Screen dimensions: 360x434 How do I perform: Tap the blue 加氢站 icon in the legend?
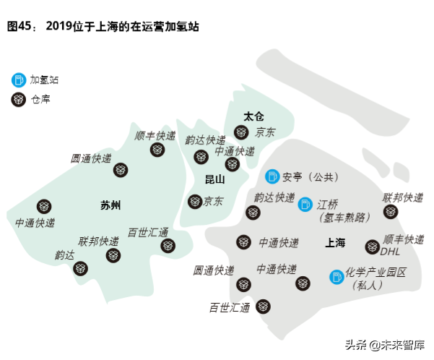[x=18, y=79]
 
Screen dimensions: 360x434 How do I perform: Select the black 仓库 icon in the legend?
[x=18, y=100]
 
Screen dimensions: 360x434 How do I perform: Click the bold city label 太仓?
[x=253, y=116]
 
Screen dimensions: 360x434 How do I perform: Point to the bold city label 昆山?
[x=215, y=179]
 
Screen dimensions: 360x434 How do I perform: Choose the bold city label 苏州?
[x=110, y=205]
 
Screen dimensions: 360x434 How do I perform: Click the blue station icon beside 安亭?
[x=272, y=176]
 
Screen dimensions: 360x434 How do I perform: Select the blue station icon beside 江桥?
[x=306, y=205]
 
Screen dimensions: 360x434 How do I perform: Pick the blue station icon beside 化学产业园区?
[x=337, y=276]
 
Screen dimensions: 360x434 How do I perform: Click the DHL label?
[x=391, y=252]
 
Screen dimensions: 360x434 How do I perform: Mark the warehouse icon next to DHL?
[x=372, y=247]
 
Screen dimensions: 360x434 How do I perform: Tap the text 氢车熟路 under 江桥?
[x=344, y=217]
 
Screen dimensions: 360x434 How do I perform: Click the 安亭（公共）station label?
[x=310, y=176]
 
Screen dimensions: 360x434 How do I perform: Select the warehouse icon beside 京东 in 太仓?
[x=241, y=132]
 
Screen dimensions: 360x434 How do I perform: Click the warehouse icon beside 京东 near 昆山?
[x=194, y=202]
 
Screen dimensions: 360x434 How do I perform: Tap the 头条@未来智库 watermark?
[x=386, y=344]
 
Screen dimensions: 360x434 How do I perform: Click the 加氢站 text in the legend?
[x=45, y=79]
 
